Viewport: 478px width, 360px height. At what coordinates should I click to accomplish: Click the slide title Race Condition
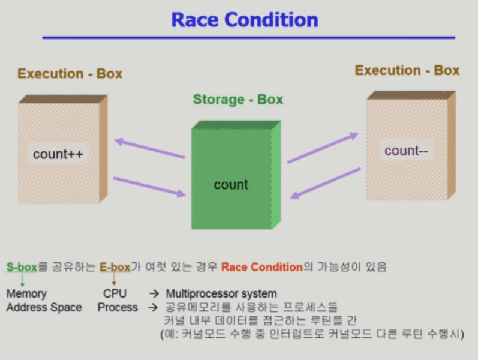click(x=245, y=20)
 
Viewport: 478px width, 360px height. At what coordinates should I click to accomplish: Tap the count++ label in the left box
click(x=58, y=154)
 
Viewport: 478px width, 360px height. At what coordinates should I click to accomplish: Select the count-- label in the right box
click(x=406, y=151)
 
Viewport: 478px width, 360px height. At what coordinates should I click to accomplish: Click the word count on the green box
click(x=231, y=185)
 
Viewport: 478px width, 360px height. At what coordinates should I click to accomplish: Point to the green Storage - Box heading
click(x=238, y=100)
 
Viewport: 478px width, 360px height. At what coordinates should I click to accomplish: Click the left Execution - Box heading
click(x=70, y=74)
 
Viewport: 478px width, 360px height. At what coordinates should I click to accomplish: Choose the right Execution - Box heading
click(x=407, y=70)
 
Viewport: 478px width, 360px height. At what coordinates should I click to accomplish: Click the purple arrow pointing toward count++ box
click(x=149, y=148)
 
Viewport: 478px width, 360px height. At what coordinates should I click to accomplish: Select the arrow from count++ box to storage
click(x=149, y=187)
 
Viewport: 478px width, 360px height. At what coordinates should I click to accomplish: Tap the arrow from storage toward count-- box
click(x=323, y=148)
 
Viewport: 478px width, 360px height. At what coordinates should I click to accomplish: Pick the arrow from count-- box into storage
click(x=325, y=184)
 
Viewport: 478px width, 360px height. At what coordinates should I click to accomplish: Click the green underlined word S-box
click(x=22, y=267)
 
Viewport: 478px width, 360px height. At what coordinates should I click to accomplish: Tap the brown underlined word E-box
click(x=115, y=267)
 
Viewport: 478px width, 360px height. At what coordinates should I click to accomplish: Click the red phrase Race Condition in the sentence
click(x=262, y=267)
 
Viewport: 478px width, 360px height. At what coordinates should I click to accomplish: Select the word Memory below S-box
click(x=26, y=294)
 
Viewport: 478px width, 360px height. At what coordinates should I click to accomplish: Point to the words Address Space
click(x=44, y=307)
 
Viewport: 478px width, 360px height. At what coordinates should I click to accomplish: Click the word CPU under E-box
click(x=115, y=293)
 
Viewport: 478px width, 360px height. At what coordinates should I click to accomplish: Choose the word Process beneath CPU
click(x=118, y=307)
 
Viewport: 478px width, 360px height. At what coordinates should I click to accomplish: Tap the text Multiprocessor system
click(x=221, y=293)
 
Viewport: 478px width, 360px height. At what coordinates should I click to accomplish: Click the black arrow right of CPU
click(x=154, y=294)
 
